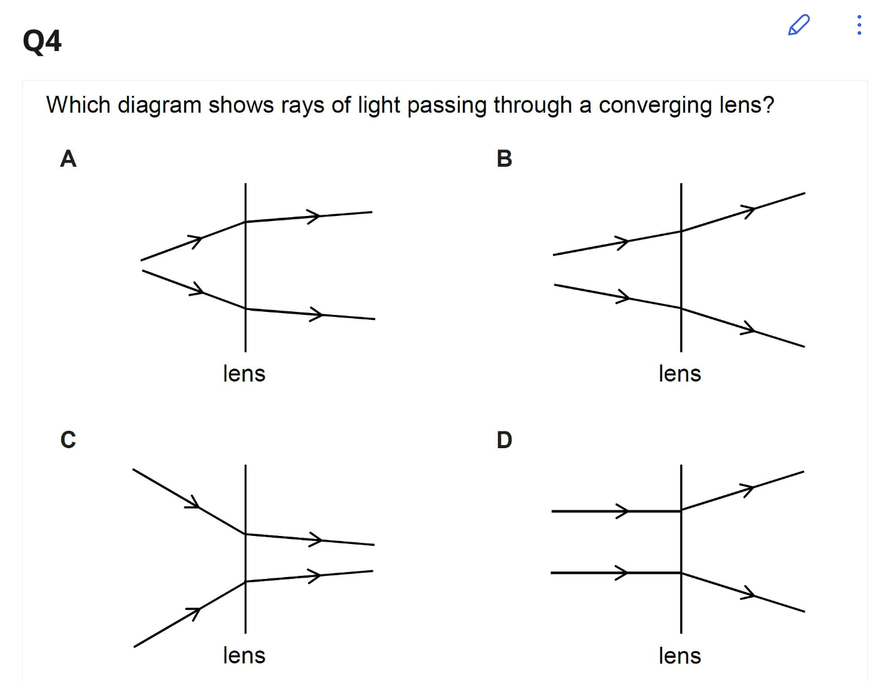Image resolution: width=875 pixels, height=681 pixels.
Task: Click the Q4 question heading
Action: (x=42, y=41)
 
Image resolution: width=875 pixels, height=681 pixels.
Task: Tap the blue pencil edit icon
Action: (x=798, y=25)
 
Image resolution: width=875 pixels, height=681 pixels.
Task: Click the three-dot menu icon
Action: (x=859, y=25)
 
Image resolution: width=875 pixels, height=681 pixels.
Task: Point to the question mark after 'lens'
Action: (x=769, y=105)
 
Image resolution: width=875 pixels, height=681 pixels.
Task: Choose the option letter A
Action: (x=68, y=159)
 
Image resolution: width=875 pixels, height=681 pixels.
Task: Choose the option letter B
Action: (x=504, y=159)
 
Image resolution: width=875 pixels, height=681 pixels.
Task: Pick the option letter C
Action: (x=68, y=440)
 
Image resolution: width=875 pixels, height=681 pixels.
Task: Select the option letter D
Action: (x=504, y=440)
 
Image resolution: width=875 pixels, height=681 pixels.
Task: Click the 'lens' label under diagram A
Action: (x=244, y=373)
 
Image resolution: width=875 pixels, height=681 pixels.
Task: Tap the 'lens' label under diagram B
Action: (x=680, y=373)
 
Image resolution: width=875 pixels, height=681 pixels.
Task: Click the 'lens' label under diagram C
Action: (x=244, y=655)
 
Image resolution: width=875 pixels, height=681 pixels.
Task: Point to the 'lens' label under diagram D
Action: (x=680, y=655)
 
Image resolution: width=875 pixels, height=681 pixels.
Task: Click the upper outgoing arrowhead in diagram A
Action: (x=315, y=216)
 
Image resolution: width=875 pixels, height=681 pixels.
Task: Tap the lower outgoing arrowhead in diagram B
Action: (x=749, y=329)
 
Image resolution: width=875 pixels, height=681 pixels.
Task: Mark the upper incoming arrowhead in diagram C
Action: (x=195, y=504)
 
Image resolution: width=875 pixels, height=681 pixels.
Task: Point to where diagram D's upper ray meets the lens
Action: (x=681, y=510)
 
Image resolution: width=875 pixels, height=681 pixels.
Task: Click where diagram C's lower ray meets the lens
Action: (x=246, y=581)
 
